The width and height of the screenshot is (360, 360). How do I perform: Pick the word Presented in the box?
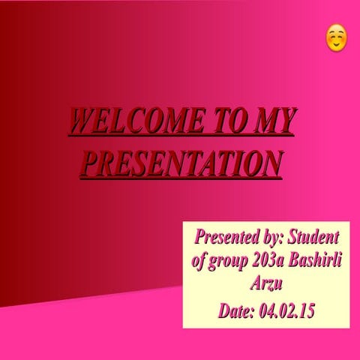click(x=221, y=238)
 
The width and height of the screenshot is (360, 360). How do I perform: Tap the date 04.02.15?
click(x=286, y=310)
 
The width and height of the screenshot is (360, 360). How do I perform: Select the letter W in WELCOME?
click(x=80, y=121)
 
